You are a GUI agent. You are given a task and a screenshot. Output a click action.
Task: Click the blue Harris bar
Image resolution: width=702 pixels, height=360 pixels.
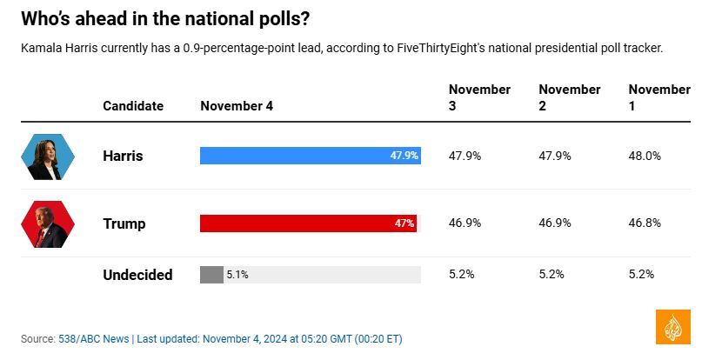pos(296,156)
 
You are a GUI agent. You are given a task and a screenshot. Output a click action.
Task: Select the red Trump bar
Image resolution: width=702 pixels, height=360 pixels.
pos(296,223)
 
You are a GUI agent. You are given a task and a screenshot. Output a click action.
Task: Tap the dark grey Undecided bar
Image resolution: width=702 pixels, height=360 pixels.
pos(211,275)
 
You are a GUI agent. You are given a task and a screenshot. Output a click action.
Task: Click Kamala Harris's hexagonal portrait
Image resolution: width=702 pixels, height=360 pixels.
pos(48,157)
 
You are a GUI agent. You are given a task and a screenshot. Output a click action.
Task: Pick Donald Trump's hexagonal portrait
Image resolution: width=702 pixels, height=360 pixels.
pos(48,224)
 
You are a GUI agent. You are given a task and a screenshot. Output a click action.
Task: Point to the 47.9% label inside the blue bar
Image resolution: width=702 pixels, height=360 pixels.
pos(404,156)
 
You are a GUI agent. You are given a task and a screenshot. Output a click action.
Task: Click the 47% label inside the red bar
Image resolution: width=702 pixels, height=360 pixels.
pos(404,223)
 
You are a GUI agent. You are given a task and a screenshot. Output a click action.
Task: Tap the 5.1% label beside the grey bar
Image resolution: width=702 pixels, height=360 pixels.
pos(237,275)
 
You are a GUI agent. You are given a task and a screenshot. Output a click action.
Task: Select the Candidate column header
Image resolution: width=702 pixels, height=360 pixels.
pos(133,106)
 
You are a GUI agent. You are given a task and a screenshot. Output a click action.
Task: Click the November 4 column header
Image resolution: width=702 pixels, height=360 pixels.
pos(237,106)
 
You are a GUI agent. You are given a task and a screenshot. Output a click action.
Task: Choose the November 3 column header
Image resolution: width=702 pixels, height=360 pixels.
pos(479,97)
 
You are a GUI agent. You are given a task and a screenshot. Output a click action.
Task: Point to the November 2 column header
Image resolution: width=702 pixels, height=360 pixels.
pos(569,97)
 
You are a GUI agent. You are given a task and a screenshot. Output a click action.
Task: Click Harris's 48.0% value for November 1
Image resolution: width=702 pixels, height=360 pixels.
pos(645,156)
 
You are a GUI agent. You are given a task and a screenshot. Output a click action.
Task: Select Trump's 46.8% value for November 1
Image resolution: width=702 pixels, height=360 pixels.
pos(645,223)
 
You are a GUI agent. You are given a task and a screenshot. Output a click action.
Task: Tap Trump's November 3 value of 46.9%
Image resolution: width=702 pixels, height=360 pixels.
pos(465,223)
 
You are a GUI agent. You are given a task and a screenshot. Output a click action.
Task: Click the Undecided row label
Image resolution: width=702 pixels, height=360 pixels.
pos(137,275)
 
